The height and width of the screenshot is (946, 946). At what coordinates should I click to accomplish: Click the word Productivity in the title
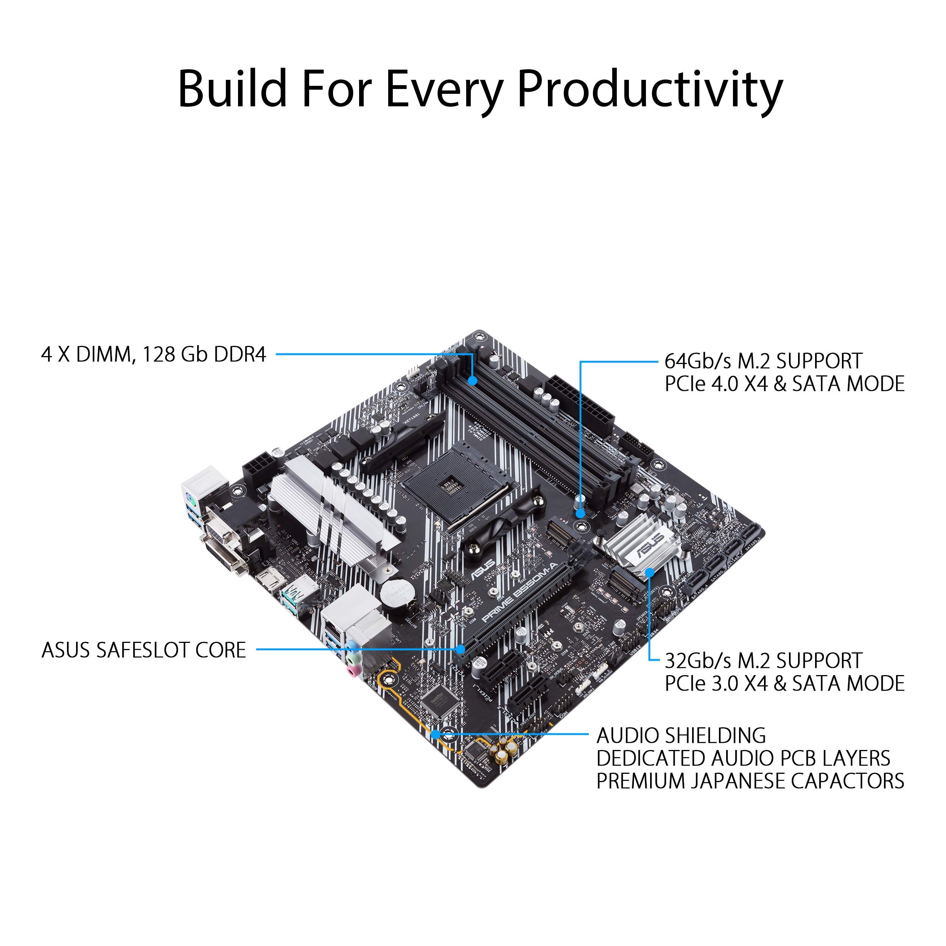(x=650, y=89)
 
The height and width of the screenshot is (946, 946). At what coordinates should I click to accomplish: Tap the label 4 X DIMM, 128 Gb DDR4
(x=154, y=355)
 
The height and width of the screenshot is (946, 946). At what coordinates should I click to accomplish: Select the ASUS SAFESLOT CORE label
(x=144, y=650)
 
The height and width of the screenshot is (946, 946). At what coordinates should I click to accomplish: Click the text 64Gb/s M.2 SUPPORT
(x=763, y=361)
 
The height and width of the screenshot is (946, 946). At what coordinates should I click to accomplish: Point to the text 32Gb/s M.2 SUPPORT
(x=763, y=661)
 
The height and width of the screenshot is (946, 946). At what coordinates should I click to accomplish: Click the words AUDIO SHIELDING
(x=681, y=736)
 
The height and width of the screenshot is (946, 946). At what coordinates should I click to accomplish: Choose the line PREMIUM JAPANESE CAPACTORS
(x=750, y=781)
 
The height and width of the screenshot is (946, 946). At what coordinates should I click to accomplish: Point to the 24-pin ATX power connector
(x=580, y=406)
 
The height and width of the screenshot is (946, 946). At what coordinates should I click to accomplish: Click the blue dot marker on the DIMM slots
(x=473, y=380)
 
